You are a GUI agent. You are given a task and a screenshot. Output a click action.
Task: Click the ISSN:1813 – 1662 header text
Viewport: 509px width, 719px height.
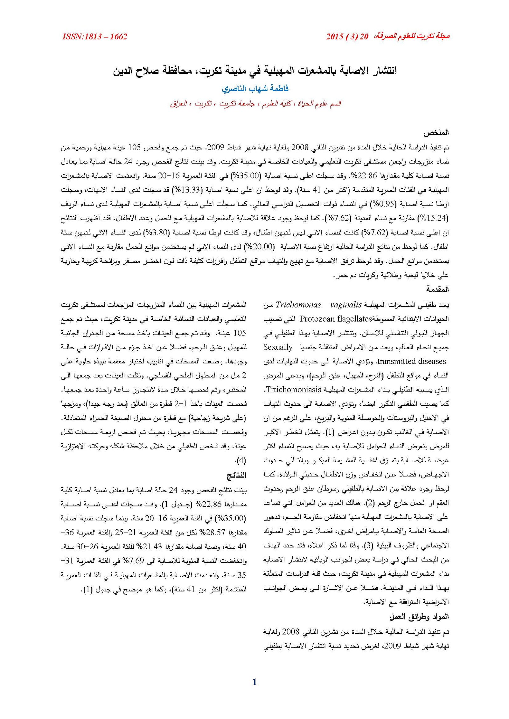[95, 37]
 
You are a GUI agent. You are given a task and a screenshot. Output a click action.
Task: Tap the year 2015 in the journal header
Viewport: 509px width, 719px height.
[334, 37]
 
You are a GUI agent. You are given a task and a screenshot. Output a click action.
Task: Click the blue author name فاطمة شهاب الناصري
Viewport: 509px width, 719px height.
[255, 89]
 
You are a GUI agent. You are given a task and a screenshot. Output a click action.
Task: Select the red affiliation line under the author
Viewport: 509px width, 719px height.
[255, 104]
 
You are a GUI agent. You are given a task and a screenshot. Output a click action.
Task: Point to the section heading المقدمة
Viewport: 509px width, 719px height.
[437, 289]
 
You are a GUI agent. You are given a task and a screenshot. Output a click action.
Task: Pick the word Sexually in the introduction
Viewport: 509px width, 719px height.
[278, 347]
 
